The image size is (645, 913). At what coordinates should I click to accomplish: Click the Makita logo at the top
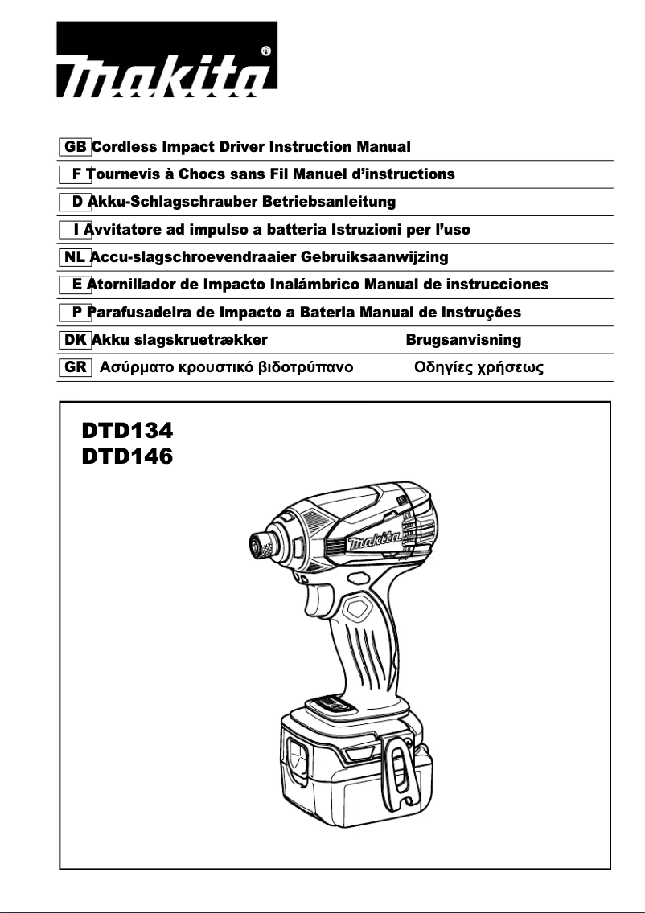[166, 60]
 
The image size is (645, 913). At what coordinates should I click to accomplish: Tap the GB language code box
[76, 147]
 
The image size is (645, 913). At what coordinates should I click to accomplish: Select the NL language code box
[75, 257]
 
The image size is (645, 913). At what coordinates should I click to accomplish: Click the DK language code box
[76, 340]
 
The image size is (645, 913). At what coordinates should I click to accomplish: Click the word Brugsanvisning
[463, 340]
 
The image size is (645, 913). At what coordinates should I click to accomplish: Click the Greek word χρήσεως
[511, 369]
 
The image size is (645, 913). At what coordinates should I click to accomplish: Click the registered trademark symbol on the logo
[266, 51]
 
